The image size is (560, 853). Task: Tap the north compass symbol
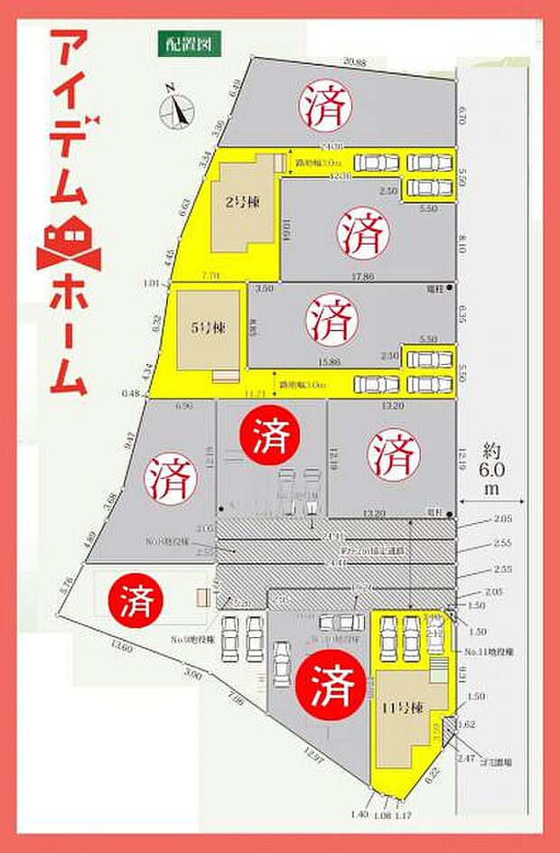[x=176, y=109]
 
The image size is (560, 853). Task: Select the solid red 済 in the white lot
[x=134, y=597]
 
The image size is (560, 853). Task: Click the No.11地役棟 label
[x=490, y=651]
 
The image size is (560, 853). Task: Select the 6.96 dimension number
[x=184, y=408]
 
